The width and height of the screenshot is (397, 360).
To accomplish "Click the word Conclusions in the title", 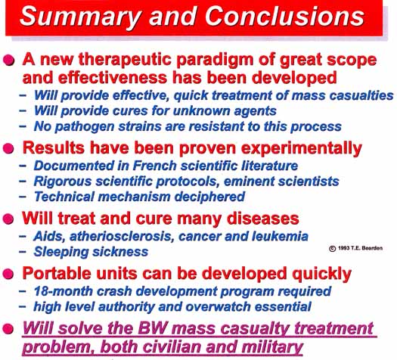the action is coord(284,16).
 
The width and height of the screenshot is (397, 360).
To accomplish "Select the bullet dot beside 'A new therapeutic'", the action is coord(9,61).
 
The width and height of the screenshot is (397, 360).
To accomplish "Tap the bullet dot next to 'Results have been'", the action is coord(8,147).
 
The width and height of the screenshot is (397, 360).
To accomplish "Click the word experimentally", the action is coord(302,148).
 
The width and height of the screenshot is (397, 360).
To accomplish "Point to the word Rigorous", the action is coord(63,182).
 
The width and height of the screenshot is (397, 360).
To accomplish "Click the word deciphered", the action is coord(209,197).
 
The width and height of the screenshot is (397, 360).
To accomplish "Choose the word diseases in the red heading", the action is coord(263,219).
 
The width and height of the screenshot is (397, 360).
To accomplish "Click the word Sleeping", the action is coord(61,252).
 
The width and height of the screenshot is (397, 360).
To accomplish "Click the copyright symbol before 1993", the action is coord(333,248).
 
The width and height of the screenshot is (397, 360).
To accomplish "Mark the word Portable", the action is coord(57,273).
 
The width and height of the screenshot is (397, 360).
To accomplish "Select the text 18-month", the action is coord(63,291).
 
